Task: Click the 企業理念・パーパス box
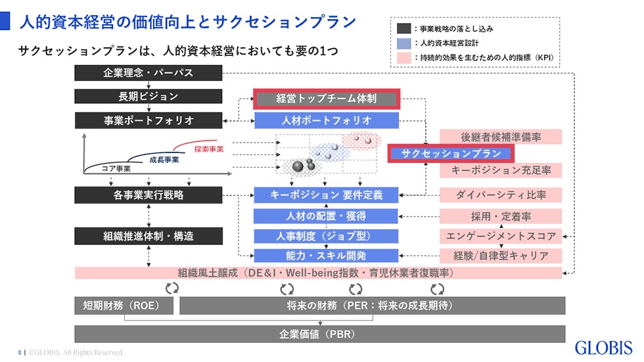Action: click(149, 73)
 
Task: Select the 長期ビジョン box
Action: click(149, 97)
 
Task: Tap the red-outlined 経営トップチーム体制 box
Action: click(327, 99)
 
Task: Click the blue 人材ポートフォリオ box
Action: click(327, 121)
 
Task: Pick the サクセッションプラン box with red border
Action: click(451, 154)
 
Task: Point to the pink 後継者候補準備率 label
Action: click(501, 137)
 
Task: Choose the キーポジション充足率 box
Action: click(501, 170)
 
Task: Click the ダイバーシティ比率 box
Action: click(501, 195)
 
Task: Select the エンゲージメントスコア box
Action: click(501, 236)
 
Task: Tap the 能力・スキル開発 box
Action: click(326, 256)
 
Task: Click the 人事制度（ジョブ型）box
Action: click(326, 236)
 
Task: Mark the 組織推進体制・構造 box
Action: click(149, 236)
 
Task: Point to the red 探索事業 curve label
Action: click(209, 149)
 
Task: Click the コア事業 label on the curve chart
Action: click(116, 169)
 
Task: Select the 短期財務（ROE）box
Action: click(124, 305)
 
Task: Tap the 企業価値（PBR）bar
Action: click(319, 334)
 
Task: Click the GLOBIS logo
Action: click(603, 348)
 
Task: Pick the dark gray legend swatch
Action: click(403, 28)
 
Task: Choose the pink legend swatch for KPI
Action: click(403, 57)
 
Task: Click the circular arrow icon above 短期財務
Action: click(172, 288)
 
